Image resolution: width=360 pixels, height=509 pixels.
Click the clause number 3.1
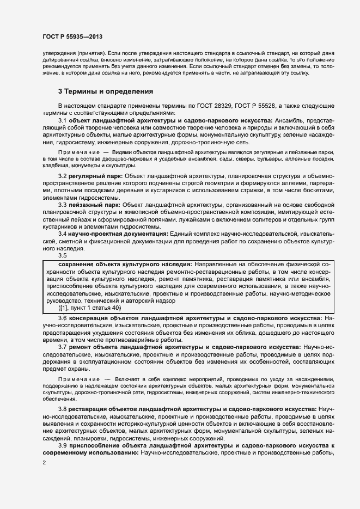[x=62, y=119]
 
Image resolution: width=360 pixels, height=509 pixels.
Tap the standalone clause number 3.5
[x=62, y=255]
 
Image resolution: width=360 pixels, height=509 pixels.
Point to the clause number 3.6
[x=62, y=317]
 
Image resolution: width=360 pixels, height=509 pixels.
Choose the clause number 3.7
[x=62, y=347]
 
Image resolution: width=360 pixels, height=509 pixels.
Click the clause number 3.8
[x=62, y=408]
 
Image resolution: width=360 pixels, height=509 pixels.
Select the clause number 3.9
[x=62, y=445]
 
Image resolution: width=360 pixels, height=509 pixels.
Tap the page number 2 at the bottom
[x=44, y=463]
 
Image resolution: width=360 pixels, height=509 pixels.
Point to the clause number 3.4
[x=62, y=233]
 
